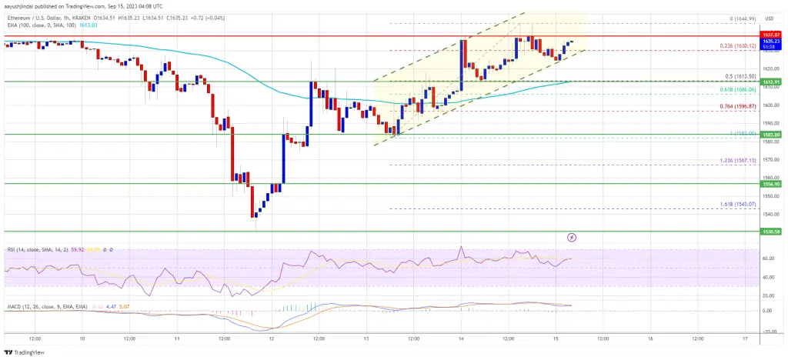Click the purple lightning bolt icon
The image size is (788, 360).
point(572,238)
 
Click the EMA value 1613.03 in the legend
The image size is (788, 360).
point(68,25)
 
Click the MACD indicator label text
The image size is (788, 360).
point(38,305)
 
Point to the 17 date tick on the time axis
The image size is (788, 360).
point(743,338)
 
